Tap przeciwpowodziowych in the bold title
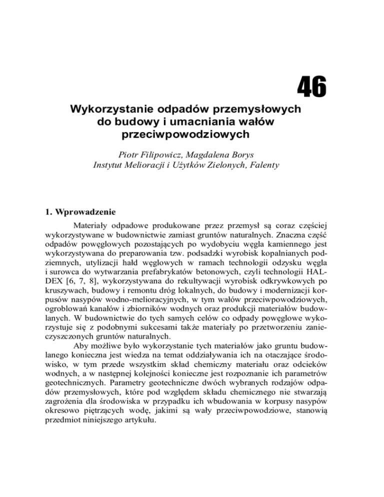[x=188, y=135]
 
